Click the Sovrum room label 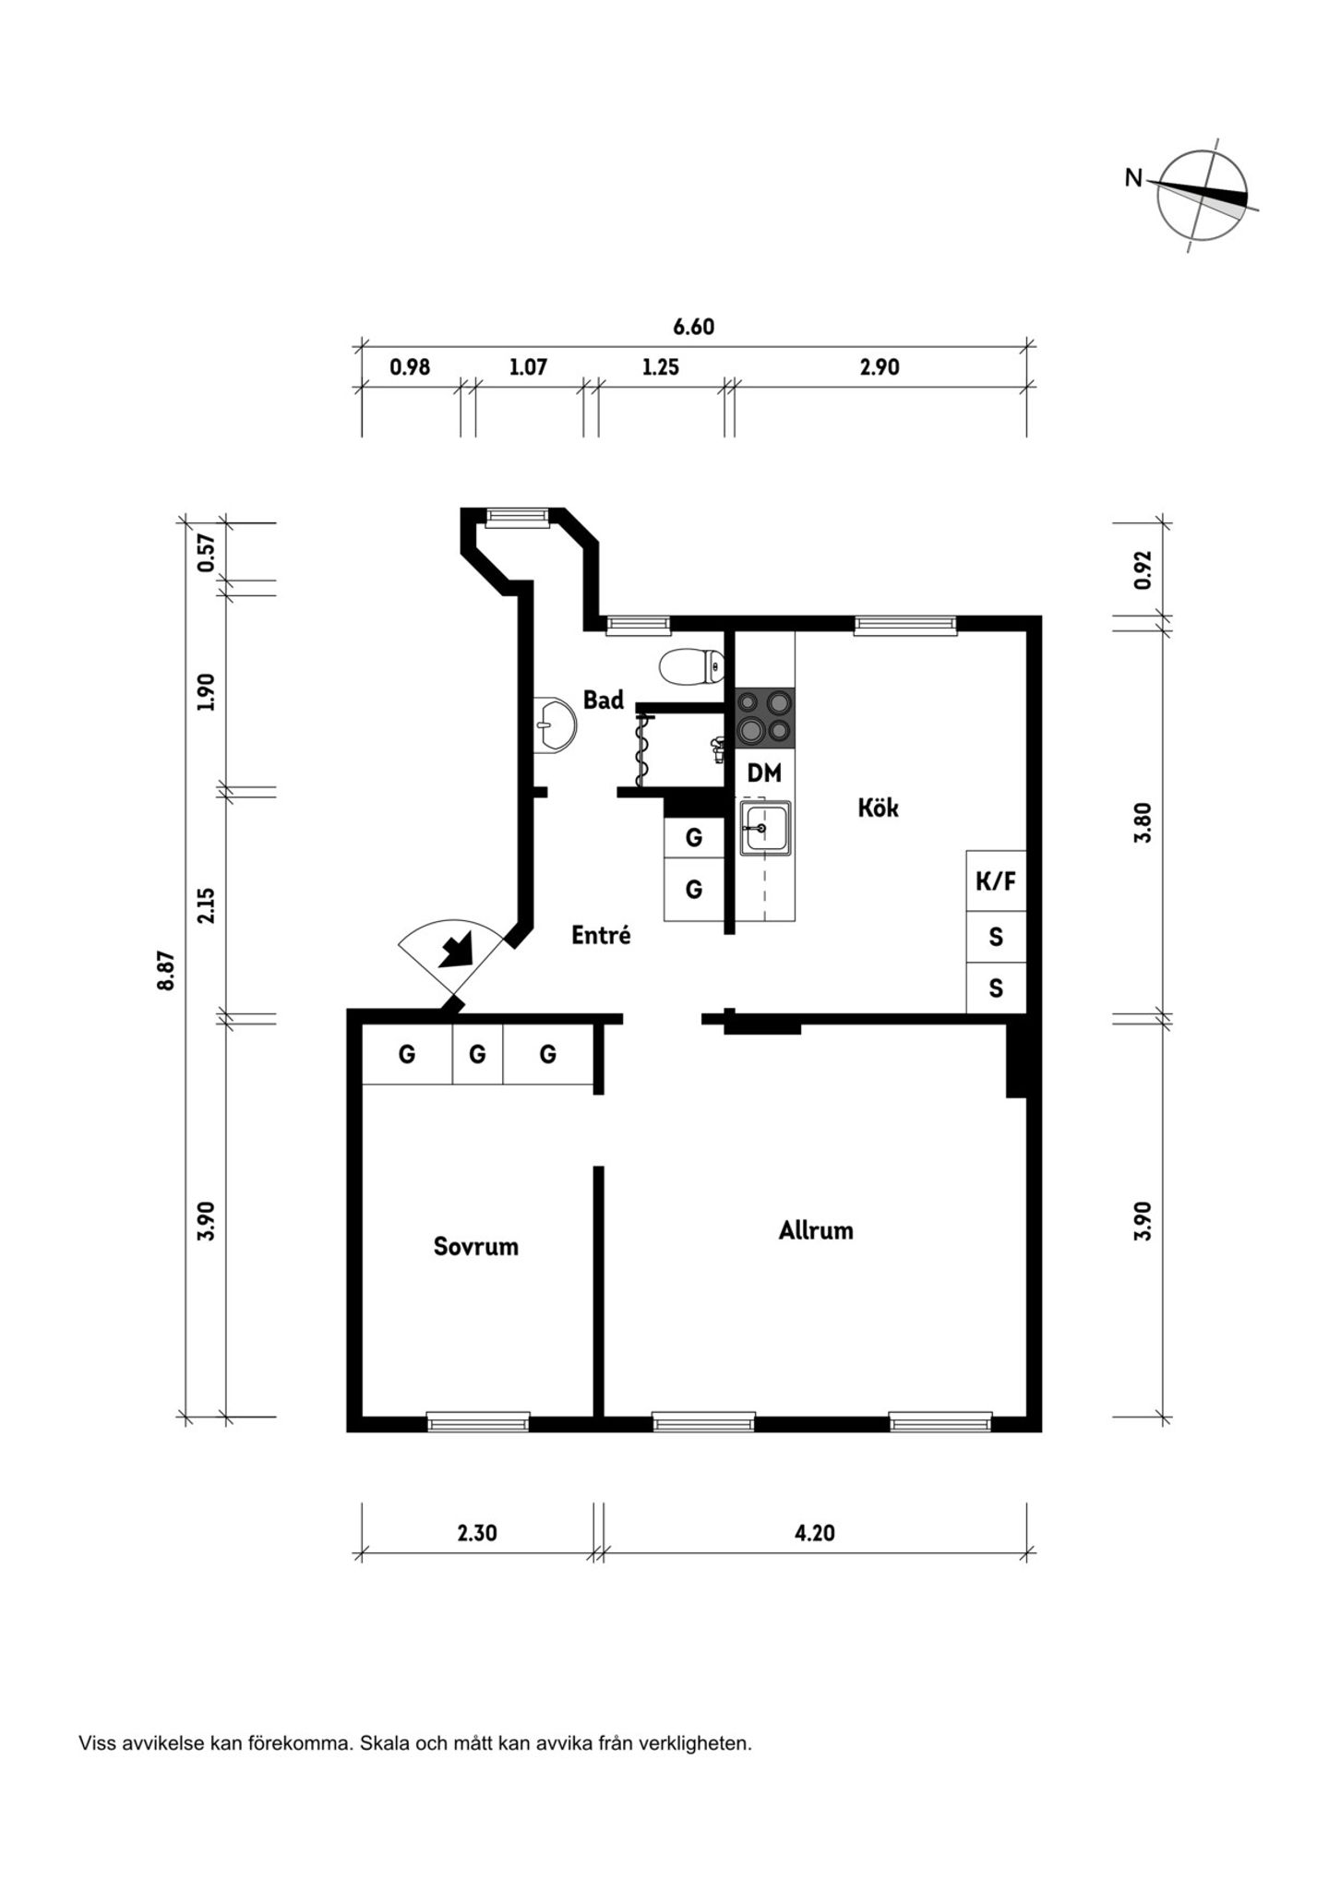pos(475,1247)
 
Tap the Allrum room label pos(816,1230)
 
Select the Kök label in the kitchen pos(878,808)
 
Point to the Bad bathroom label pos(604,700)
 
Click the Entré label pos(601,935)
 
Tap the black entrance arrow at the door pos(456,949)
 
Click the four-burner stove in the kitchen pos(765,717)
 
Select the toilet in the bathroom pos(692,665)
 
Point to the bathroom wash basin pos(555,725)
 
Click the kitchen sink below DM pos(764,828)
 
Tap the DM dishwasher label pos(764,773)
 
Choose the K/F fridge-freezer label pos(996,881)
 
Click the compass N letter pos(1133,177)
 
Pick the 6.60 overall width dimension pos(693,327)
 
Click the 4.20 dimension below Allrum pos(814,1533)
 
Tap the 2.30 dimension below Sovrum pos(477,1533)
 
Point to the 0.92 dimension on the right pos(1143,569)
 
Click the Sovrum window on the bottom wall pos(478,1422)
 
